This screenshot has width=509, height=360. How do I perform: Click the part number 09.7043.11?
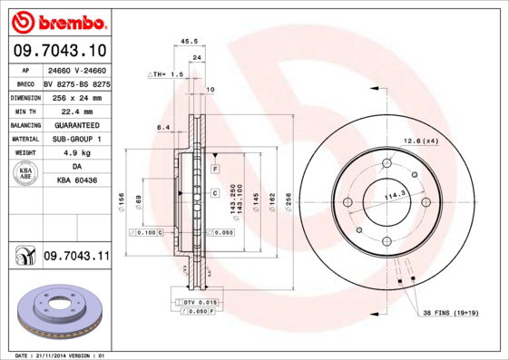click(76, 258)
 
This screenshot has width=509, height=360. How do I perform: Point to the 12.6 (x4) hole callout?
click(420, 141)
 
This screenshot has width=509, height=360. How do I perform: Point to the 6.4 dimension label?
click(162, 128)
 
